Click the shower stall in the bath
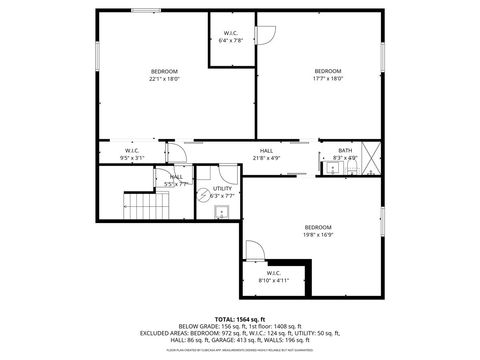click(x=371, y=158)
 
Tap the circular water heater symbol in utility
click(x=205, y=194)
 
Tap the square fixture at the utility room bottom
click(x=224, y=212)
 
